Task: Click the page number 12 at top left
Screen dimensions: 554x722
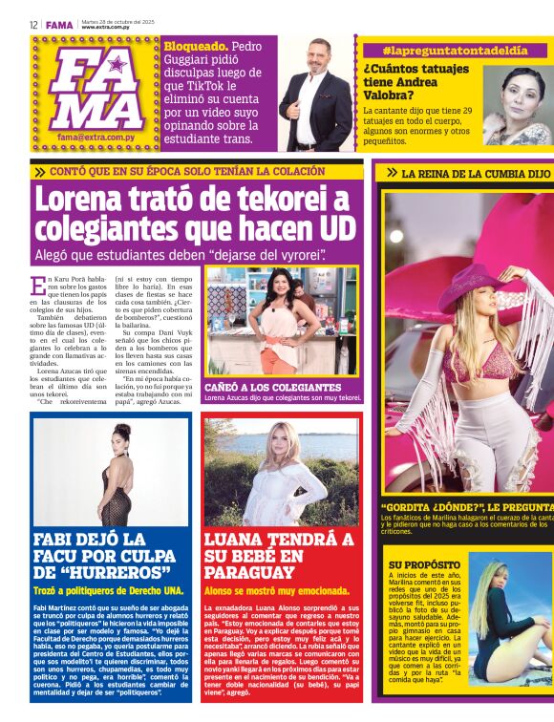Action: [33, 25]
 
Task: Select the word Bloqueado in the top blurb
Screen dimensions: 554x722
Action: [197, 46]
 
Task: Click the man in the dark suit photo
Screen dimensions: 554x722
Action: [316, 96]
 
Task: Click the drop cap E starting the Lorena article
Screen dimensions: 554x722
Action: [37, 284]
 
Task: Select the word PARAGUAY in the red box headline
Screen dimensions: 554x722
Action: [249, 572]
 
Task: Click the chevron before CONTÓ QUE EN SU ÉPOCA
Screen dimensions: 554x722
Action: [39, 172]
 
